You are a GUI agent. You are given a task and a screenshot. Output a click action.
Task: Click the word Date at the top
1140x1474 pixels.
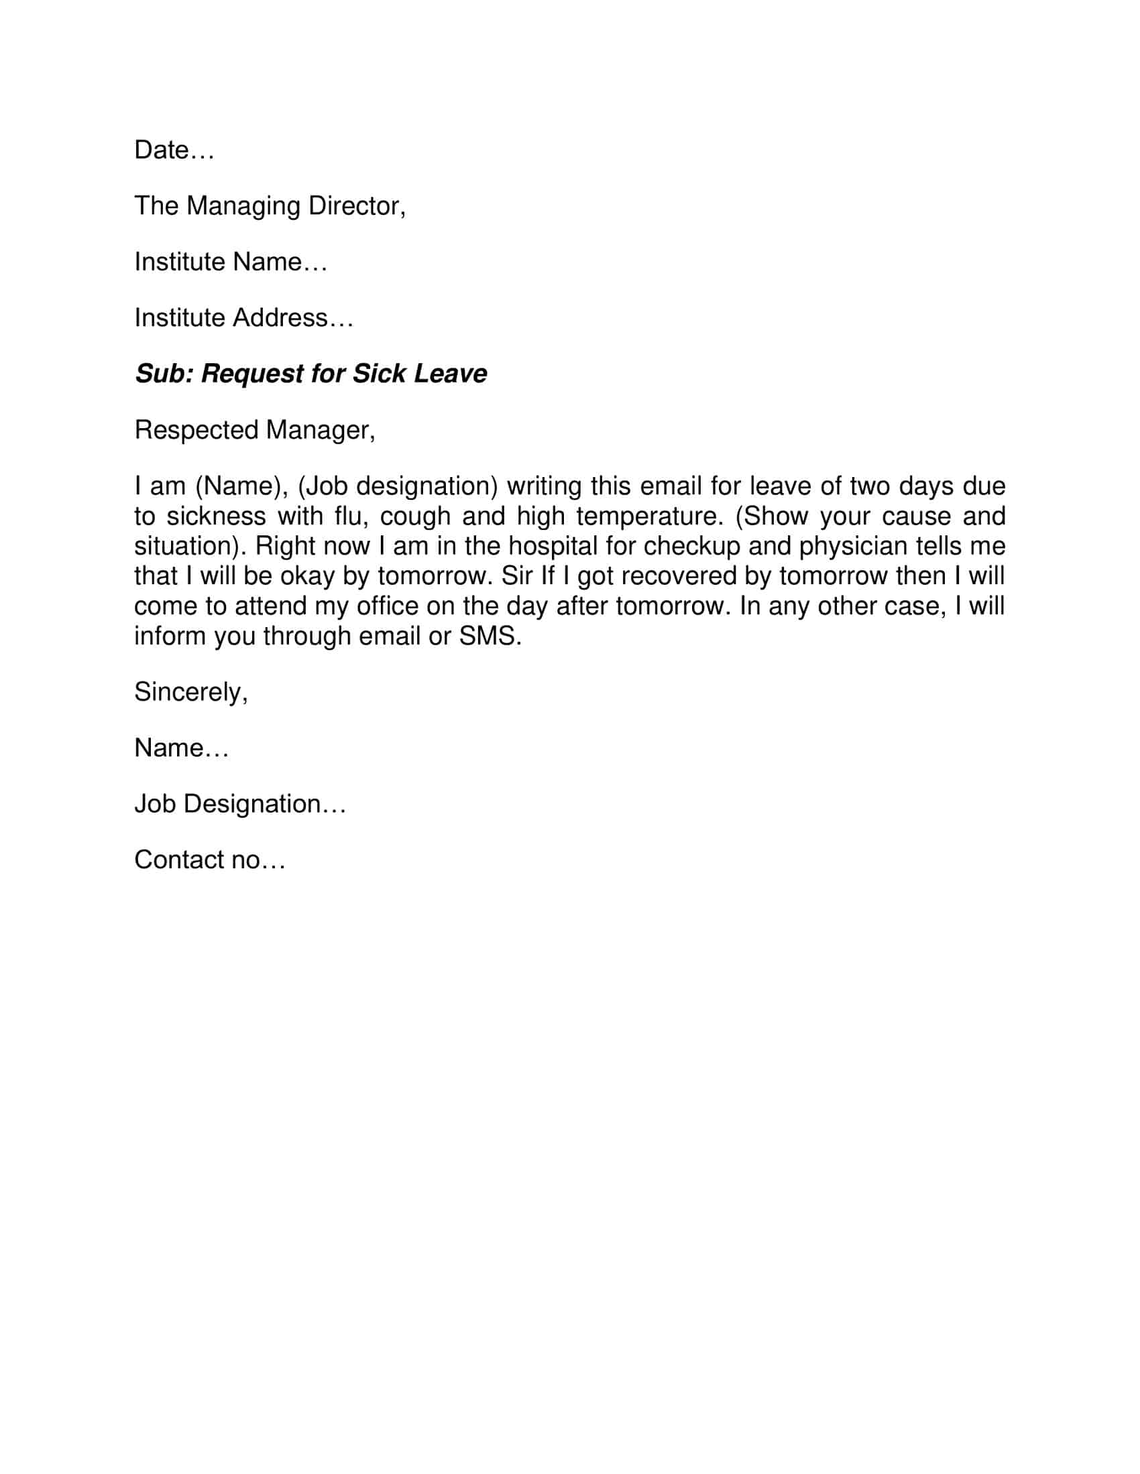[161, 150]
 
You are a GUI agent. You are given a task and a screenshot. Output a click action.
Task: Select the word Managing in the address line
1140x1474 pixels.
[243, 206]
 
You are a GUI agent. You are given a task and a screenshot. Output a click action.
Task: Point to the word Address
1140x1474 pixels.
[280, 318]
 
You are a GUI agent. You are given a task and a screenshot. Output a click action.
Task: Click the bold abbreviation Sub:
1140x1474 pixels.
[164, 374]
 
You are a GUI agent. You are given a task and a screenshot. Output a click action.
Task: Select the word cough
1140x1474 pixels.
[414, 517]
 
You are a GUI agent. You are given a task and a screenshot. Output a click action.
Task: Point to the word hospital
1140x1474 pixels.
[553, 547]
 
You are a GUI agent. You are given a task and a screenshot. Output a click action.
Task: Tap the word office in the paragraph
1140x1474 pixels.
[387, 606]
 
